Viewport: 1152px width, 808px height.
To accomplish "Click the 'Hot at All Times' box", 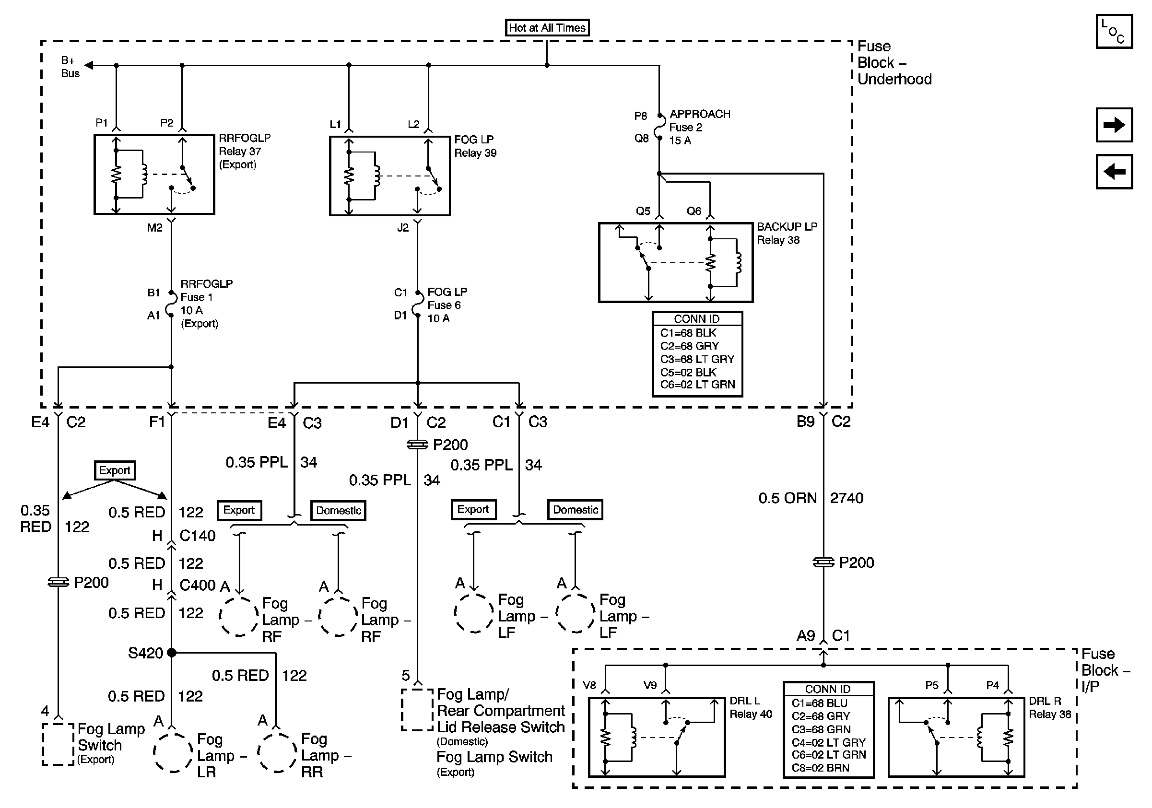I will [x=547, y=28].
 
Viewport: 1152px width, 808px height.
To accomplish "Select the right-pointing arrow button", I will [x=1114, y=124].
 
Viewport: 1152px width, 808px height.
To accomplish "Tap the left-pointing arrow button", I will [x=1114, y=172].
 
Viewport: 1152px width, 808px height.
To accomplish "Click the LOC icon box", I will [x=1114, y=32].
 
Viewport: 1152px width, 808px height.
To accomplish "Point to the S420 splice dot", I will [x=172, y=653].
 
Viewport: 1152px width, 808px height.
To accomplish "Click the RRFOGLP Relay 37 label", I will [x=244, y=151].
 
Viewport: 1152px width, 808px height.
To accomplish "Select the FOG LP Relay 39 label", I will [x=475, y=146].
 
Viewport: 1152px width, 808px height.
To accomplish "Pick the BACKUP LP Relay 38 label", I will [x=787, y=233].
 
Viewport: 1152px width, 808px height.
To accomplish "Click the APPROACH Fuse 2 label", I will [x=699, y=128].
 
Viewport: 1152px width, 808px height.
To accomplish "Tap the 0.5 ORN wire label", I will [x=787, y=498].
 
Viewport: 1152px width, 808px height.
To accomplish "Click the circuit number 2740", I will [x=846, y=498].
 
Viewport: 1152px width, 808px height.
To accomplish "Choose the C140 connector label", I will [x=197, y=536].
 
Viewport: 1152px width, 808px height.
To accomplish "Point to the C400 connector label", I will [x=197, y=586].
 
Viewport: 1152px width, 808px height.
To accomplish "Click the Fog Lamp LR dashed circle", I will [x=173, y=752].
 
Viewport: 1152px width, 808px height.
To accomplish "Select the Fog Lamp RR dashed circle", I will [x=277, y=752].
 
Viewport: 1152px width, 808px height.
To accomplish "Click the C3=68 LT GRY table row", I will [x=697, y=359].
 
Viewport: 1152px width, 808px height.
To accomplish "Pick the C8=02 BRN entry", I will [x=820, y=768].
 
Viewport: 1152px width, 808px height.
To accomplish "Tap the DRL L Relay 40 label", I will [x=750, y=707].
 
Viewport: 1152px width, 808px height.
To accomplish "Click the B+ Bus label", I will [x=70, y=67].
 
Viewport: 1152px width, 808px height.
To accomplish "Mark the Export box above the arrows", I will [x=115, y=470].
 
